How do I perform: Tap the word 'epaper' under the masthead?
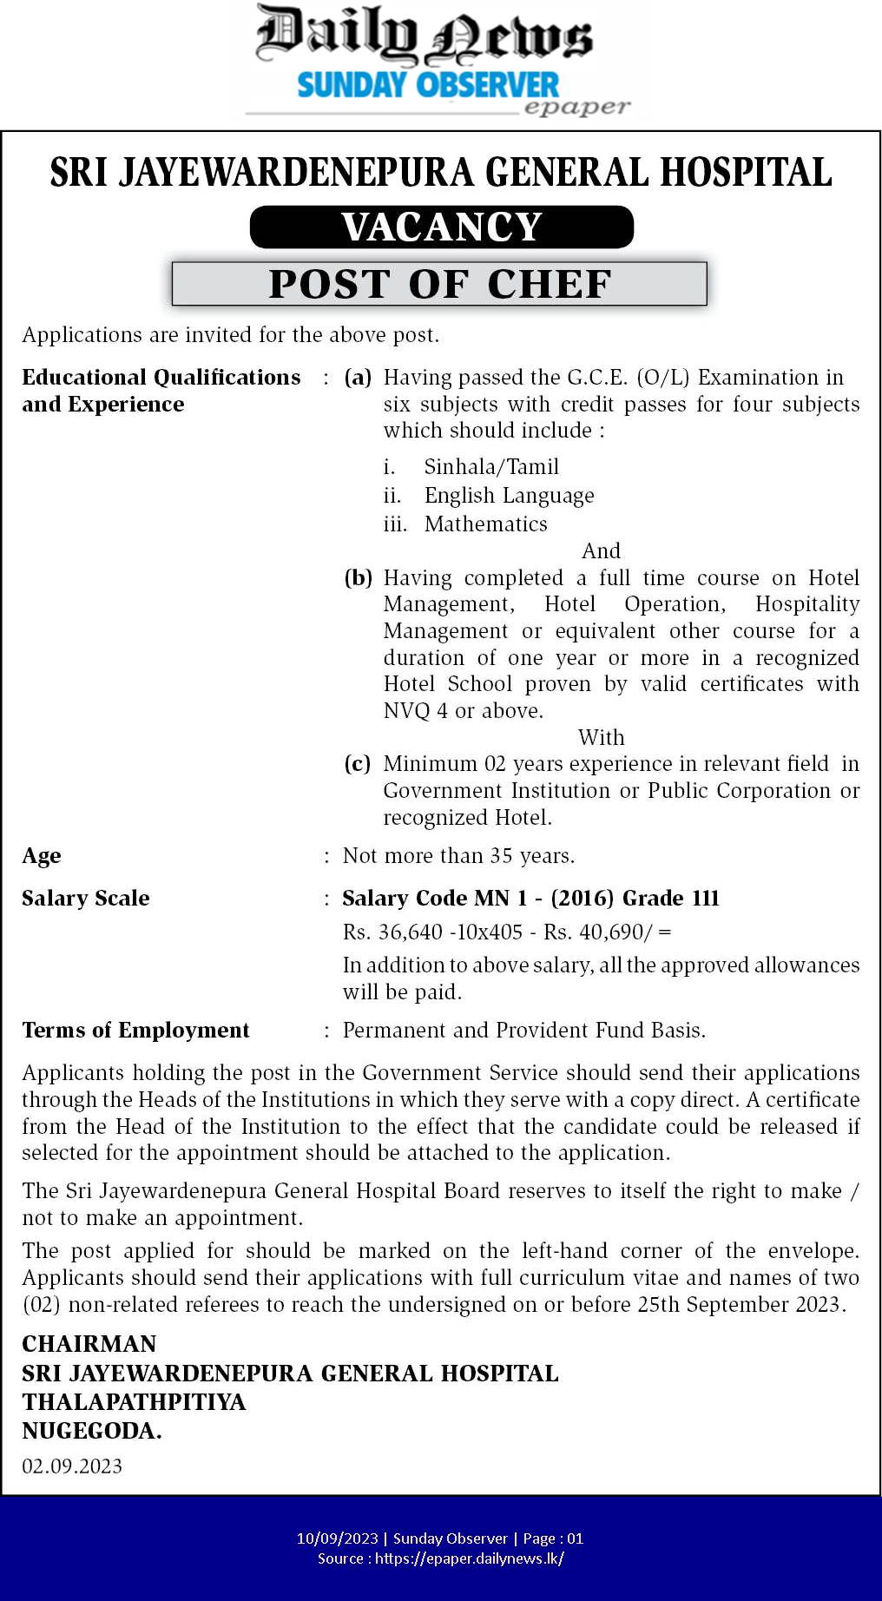[x=576, y=108]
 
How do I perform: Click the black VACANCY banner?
[x=441, y=227]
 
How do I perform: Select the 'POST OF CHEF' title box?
[x=440, y=284]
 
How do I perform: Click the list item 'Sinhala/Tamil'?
[x=491, y=467]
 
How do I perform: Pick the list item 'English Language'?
[x=509, y=496]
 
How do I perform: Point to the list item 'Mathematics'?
[x=485, y=524]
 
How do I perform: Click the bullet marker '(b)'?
[x=358, y=578]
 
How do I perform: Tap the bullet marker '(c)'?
[x=358, y=764]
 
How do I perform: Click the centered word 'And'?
[x=601, y=551]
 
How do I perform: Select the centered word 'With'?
[x=601, y=737]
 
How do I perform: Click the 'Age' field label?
[x=42, y=856]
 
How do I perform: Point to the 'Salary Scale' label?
[x=86, y=899]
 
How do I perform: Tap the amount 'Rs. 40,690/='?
[x=608, y=932]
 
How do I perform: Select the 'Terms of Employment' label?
[x=135, y=1031]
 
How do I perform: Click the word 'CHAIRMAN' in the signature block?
[x=89, y=1344]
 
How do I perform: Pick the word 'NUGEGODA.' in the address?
[x=92, y=1431]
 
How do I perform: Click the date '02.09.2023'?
[x=72, y=1466]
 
